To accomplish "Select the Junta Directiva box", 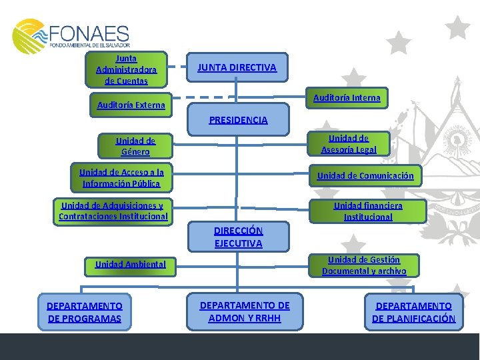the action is pyautogui.click(x=236, y=67).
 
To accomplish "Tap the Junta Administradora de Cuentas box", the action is pyautogui.click(x=126, y=69).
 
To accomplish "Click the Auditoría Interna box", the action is pyautogui.click(x=346, y=98).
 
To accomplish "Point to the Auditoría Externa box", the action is pyautogui.click(x=131, y=105).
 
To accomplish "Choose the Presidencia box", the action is pyautogui.click(x=238, y=120).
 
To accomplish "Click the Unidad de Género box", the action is pyautogui.click(x=135, y=146).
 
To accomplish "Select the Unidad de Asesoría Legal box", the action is pyautogui.click(x=348, y=143).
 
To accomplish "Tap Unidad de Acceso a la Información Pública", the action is pyautogui.click(x=121, y=177).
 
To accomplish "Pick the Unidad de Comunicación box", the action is pyautogui.click(x=365, y=176).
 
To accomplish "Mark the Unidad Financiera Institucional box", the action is pyautogui.click(x=368, y=211).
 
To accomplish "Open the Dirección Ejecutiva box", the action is pyautogui.click(x=238, y=237).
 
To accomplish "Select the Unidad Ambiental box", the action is pyautogui.click(x=130, y=264).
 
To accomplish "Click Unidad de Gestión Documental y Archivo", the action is pyautogui.click(x=363, y=265).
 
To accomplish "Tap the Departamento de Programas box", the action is pyautogui.click(x=84, y=312).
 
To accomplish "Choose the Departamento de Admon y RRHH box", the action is pyautogui.click(x=245, y=311).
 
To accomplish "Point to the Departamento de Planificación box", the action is pyautogui.click(x=413, y=312).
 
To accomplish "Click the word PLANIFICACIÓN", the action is pyautogui.click(x=423, y=319).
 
